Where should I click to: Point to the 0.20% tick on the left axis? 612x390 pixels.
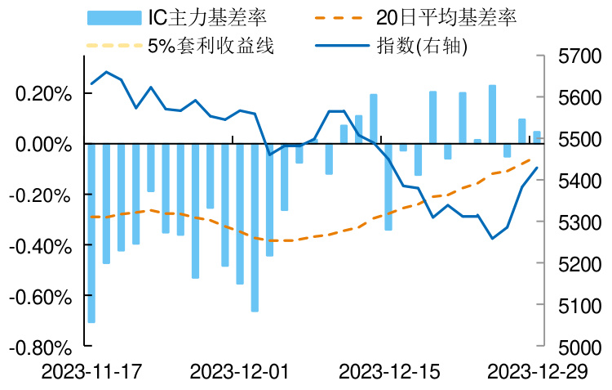point(44,94)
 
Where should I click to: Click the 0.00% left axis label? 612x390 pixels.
point(44,145)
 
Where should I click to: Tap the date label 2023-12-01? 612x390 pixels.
point(239,372)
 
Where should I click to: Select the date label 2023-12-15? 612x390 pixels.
point(388,372)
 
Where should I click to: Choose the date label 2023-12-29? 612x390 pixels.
point(536,372)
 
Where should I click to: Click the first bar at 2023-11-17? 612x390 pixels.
point(91,233)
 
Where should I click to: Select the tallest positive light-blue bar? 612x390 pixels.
point(492,114)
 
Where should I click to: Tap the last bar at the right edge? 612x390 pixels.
point(537,137)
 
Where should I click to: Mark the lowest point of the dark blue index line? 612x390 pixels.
point(492,238)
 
